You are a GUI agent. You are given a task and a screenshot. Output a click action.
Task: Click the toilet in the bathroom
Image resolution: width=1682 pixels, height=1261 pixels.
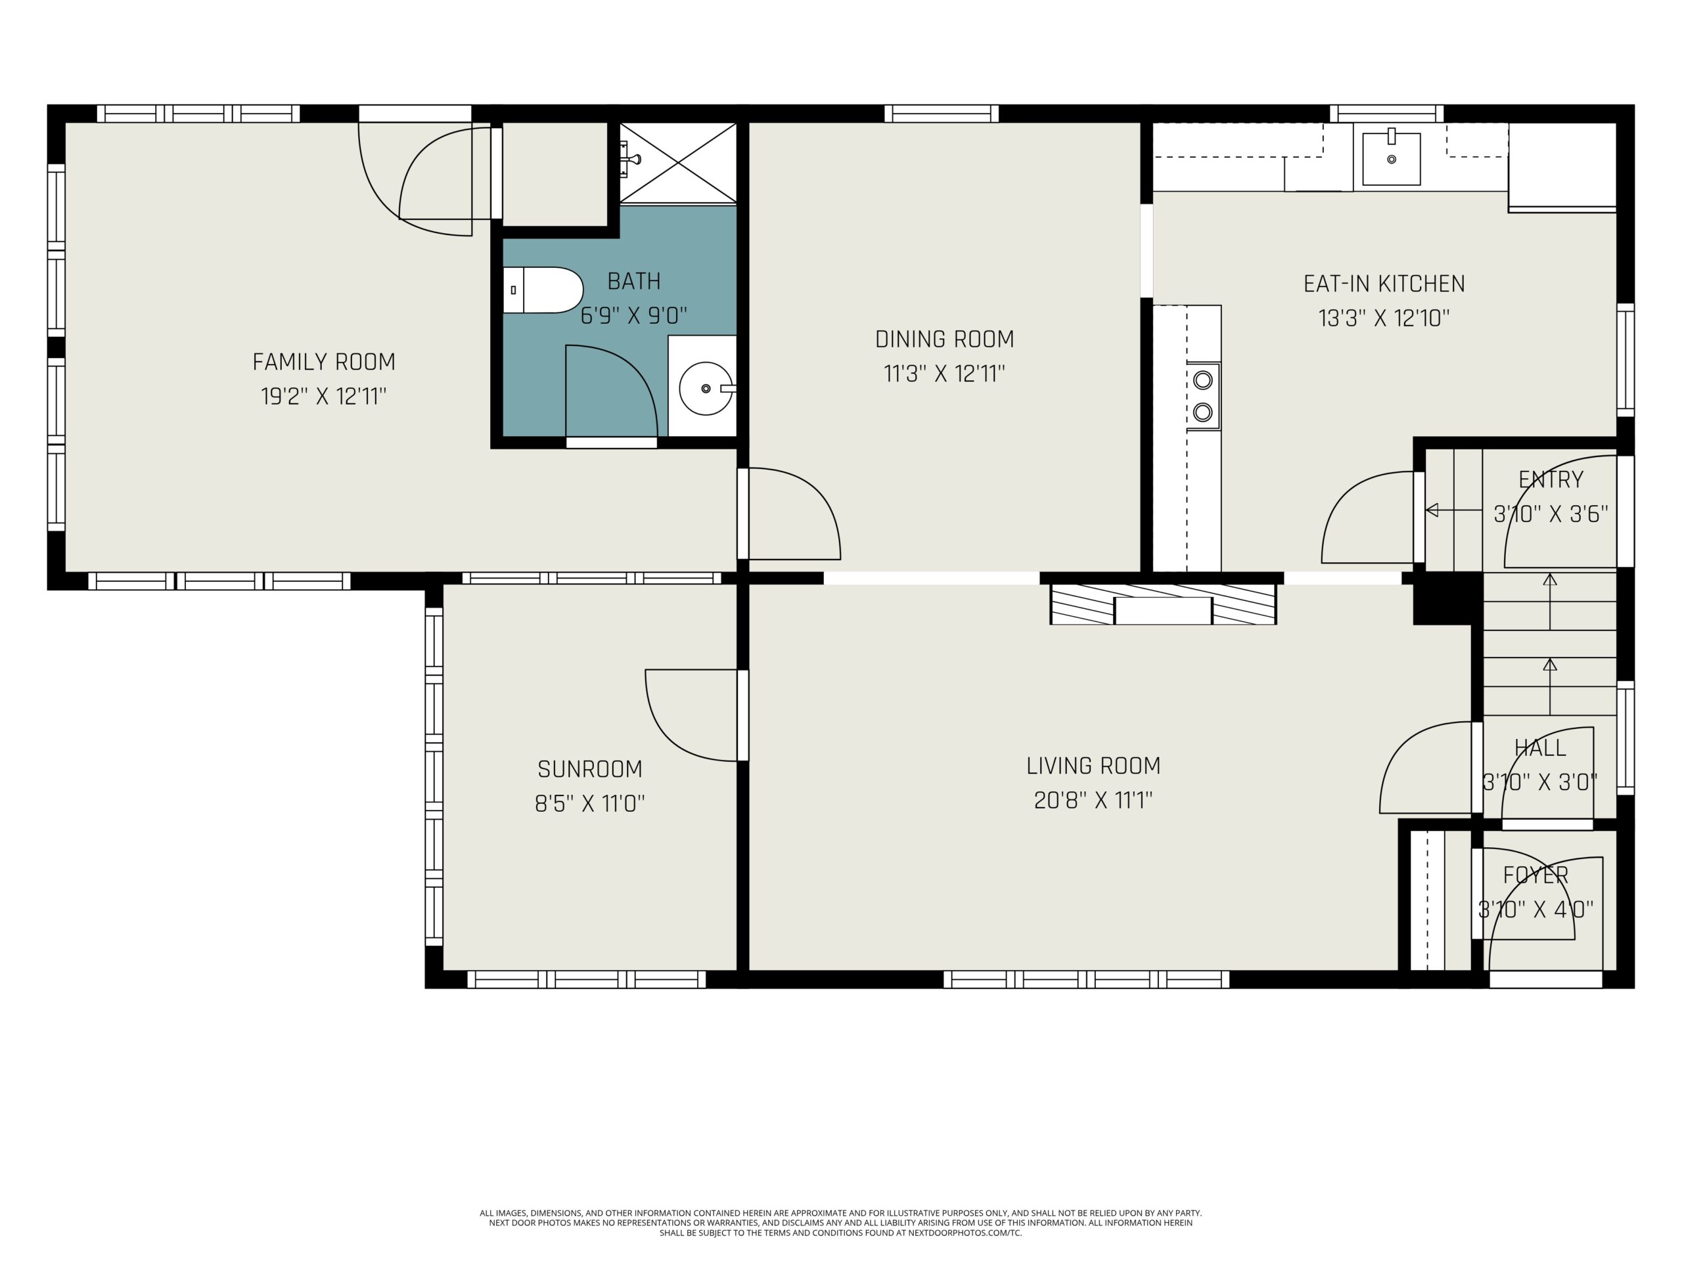[543, 290]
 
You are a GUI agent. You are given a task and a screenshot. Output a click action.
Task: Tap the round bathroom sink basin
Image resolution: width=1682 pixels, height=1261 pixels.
[706, 388]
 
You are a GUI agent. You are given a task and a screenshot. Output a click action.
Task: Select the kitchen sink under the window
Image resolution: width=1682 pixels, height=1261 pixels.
[1392, 158]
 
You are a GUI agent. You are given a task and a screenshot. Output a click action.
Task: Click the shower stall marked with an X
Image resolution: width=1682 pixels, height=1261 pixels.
[678, 163]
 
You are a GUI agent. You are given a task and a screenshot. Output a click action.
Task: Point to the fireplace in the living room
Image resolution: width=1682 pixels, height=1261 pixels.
[1163, 604]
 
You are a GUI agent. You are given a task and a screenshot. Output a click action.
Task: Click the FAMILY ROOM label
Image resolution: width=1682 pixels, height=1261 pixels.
[324, 362]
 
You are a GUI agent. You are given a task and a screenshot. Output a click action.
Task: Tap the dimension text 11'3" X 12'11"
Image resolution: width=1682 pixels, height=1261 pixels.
[944, 374]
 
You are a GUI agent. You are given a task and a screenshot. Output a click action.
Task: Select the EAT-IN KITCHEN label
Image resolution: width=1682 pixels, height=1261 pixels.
[1384, 284]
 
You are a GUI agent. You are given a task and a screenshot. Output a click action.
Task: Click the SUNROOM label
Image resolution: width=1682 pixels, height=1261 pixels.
[590, 769]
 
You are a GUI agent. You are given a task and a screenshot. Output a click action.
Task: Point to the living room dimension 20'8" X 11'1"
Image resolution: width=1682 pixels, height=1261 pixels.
[1093, 801]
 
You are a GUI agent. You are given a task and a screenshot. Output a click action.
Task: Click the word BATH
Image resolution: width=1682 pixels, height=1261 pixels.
[634, 281]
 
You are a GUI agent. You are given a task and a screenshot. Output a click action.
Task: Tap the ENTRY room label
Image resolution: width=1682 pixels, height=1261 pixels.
[1551, 479]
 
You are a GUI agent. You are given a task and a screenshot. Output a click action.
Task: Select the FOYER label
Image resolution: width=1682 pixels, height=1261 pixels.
[1536, 875]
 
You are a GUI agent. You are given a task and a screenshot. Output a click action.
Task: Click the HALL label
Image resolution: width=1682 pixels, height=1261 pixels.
[1541, 748]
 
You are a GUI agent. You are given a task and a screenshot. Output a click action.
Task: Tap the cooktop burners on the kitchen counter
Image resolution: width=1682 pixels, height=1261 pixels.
[1203, 395]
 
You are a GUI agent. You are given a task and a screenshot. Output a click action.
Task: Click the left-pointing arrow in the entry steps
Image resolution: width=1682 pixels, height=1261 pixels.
[1454, 510]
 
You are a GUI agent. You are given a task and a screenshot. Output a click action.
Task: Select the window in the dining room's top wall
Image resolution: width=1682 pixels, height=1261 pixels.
[942, 113]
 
